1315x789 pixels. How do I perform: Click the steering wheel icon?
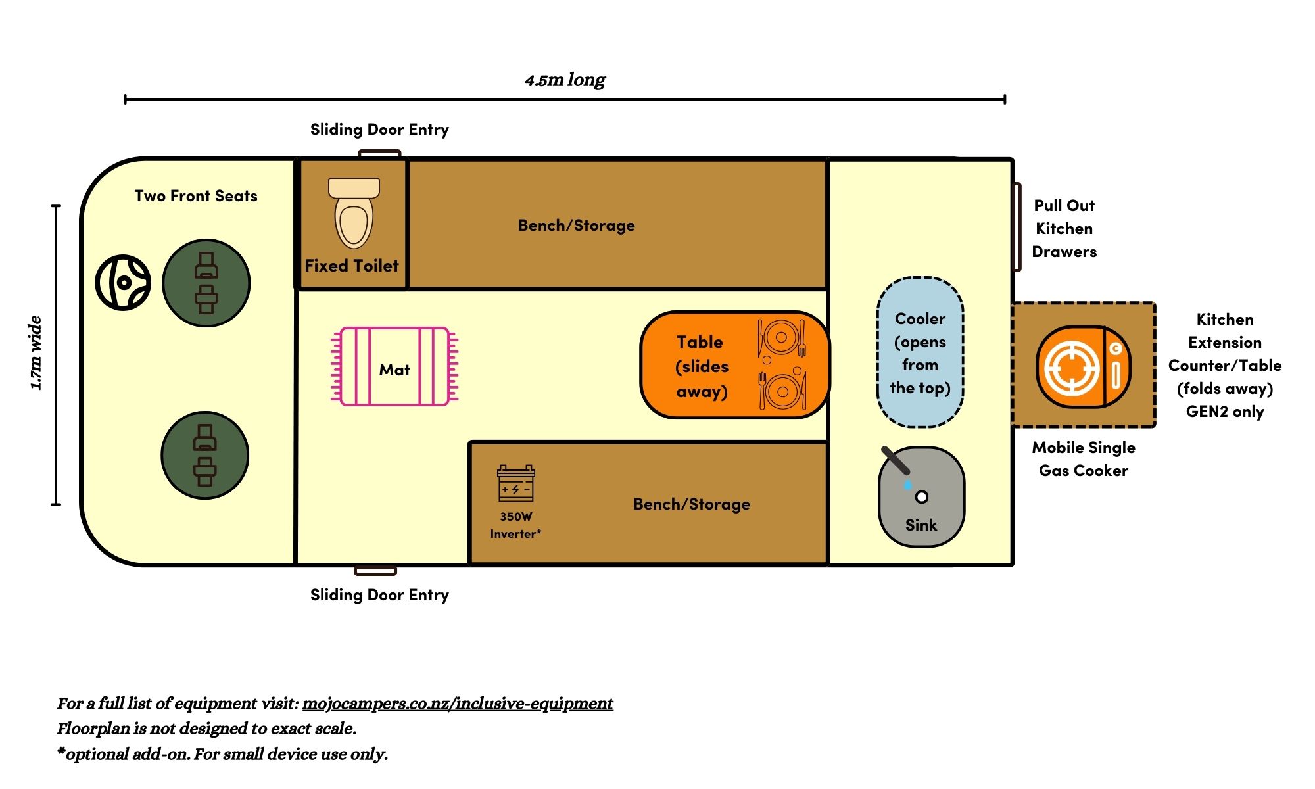123,283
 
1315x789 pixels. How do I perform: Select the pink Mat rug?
394,366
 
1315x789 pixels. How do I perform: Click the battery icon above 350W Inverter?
516,484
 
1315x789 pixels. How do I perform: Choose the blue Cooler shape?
920,352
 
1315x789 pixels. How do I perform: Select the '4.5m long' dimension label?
565,80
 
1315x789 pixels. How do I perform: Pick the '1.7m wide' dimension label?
36,353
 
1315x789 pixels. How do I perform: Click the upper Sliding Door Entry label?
379,130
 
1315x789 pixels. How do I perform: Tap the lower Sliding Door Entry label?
379,595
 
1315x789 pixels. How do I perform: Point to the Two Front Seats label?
196,196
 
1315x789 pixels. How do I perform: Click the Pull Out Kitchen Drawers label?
1064,228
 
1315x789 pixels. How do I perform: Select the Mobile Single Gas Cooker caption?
1084,459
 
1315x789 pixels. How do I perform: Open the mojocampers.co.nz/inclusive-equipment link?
458,704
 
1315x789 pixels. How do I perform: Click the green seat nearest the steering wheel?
206,283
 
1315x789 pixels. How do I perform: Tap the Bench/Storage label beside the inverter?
692,504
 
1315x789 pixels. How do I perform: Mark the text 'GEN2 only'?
1225,412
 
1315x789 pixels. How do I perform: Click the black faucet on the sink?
896,460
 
